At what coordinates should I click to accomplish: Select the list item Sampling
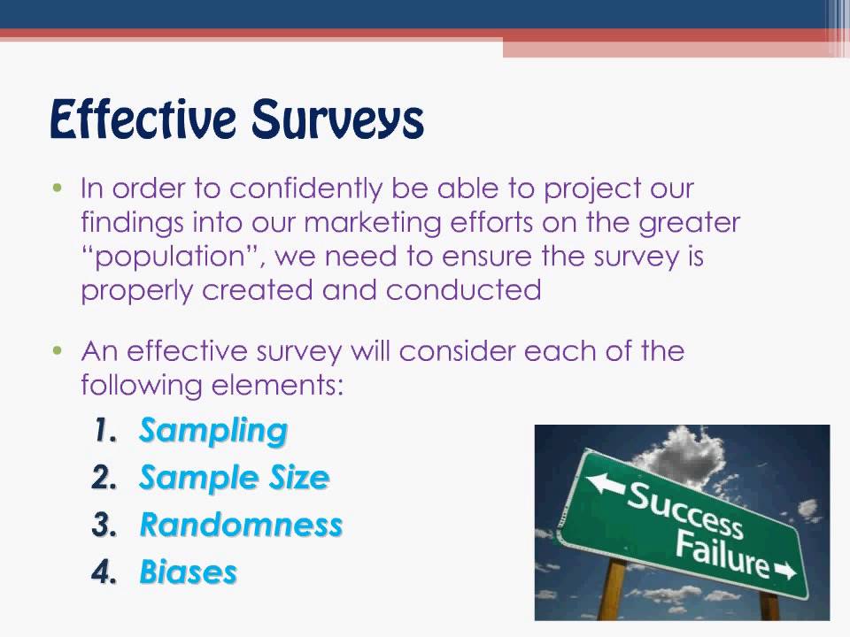pyautogui.click(x=213, y=431)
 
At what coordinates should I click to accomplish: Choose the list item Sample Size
pyautogui.click(x=235, y=478)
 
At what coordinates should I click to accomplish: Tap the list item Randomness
pyautogui.click(x=241, y=525)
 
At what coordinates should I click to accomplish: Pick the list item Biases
pyautogui.click(x=189, y=572)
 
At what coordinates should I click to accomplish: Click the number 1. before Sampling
pyautogui.click(x=105, y=432)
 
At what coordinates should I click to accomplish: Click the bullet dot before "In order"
pyautogui.click(x=58, y=188)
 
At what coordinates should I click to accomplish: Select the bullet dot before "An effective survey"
pyautogui.click(x=58, y=350)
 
